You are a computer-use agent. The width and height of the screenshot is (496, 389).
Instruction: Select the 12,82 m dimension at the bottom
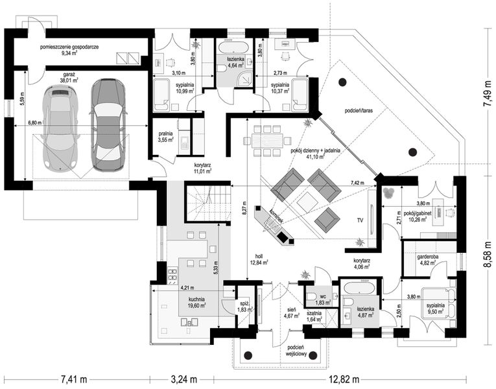(349, 377)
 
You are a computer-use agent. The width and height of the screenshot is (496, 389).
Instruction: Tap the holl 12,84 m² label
(261, 259)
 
